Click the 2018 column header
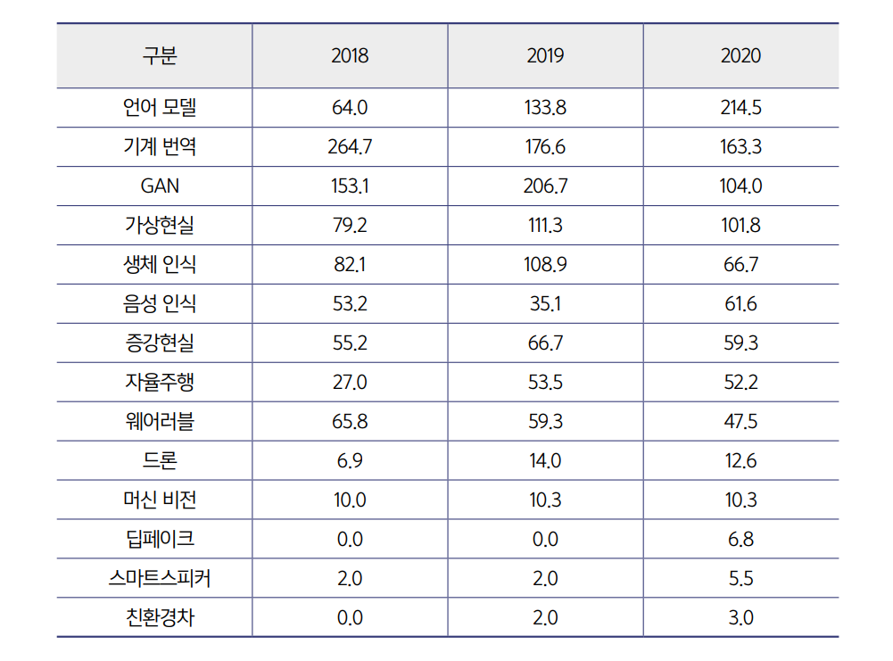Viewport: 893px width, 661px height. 350,55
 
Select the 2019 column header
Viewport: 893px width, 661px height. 545,55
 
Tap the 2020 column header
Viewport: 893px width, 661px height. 740,55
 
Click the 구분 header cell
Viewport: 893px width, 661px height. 160,55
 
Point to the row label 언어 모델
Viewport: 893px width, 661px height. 160,108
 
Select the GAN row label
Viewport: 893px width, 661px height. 160,186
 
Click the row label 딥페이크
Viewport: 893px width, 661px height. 160,539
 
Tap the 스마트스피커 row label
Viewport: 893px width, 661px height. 160,578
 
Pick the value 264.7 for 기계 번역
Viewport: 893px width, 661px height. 350,147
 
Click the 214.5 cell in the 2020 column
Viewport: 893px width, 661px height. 740,108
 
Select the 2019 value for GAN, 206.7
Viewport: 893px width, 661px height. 545,186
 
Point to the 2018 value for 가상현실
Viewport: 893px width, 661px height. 350,226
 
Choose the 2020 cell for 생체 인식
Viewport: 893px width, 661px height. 740,265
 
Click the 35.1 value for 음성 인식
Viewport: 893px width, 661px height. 545,304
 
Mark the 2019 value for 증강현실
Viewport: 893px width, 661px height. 545,343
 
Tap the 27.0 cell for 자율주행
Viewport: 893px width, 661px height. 350,383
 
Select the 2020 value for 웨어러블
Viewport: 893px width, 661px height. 740,422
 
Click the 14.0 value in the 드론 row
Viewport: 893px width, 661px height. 545,461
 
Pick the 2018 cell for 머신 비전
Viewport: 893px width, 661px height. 350,500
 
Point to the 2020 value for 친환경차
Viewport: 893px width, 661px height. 740,617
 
